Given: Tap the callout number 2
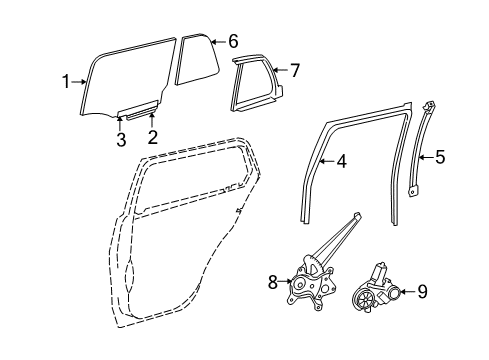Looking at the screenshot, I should (x=153, y=137).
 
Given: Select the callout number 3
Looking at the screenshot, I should (x=120, y=140).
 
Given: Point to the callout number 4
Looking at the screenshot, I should (x=341, y=160).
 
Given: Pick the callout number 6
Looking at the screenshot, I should (x=232, y=42).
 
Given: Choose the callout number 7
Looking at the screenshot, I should (x=294, y=69).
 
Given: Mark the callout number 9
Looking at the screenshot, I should (x=421, y=292).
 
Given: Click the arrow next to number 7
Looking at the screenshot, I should (x=279, y=69).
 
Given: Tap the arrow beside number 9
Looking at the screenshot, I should (x=405, y=292).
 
